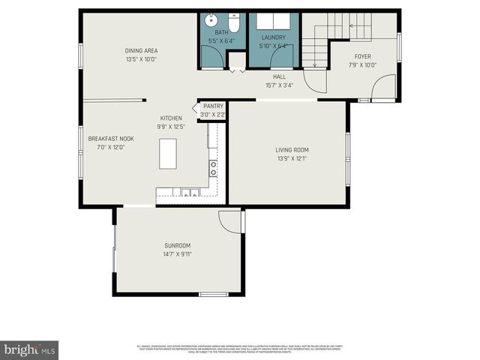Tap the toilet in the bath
[232, 18]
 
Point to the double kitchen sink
[186, 193]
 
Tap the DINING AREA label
[141, 51]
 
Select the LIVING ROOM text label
[292, 150]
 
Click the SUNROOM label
[178, 245]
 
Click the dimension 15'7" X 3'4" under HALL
[279, 85]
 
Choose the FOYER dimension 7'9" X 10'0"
[363, 64]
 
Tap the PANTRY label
[213, 106]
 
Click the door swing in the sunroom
[229, 221]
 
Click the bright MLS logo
[30, 349]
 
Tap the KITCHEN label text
[171, 118]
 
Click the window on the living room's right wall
[347, 157]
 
